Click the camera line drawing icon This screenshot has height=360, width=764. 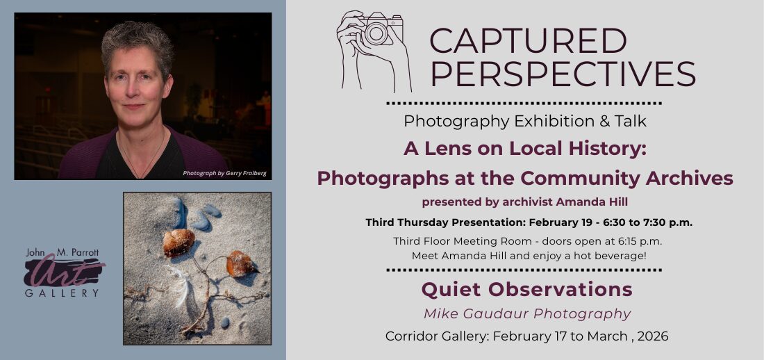point(374,51)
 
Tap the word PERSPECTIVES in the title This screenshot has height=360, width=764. point(563,74)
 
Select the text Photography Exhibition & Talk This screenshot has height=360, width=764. point(525,121)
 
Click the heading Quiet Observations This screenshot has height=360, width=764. point(526,289)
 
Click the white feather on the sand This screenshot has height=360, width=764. point(180,286)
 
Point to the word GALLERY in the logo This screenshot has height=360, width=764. point(62,293)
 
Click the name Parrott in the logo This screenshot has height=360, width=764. point(85,254)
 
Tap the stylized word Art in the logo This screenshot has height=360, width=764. point(64,272)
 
